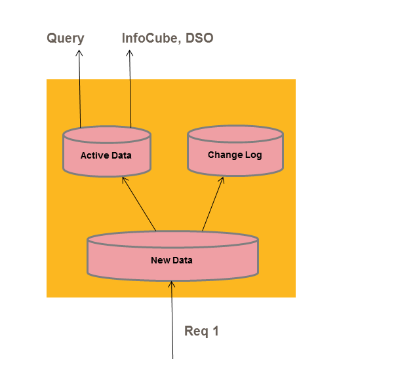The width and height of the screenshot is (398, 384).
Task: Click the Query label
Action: (x=66, y=38)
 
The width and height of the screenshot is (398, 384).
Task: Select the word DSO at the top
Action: (x=201, y=38)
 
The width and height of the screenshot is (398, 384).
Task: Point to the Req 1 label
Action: (x=201, y=331)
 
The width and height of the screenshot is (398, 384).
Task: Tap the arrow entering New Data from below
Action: (x=172, y=321)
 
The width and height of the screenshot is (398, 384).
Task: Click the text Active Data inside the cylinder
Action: (x=106, y=156)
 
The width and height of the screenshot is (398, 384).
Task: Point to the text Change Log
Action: (x=235, y=155)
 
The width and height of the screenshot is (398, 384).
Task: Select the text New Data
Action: (x=172, y=260)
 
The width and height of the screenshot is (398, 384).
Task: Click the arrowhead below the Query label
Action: (x=79, y=53)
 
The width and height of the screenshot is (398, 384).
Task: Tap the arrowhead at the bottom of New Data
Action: (x=171, y=284)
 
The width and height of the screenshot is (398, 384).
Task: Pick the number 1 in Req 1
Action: (x=215, y=331)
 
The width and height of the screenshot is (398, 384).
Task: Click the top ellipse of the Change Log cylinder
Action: (x=235, y=134)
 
